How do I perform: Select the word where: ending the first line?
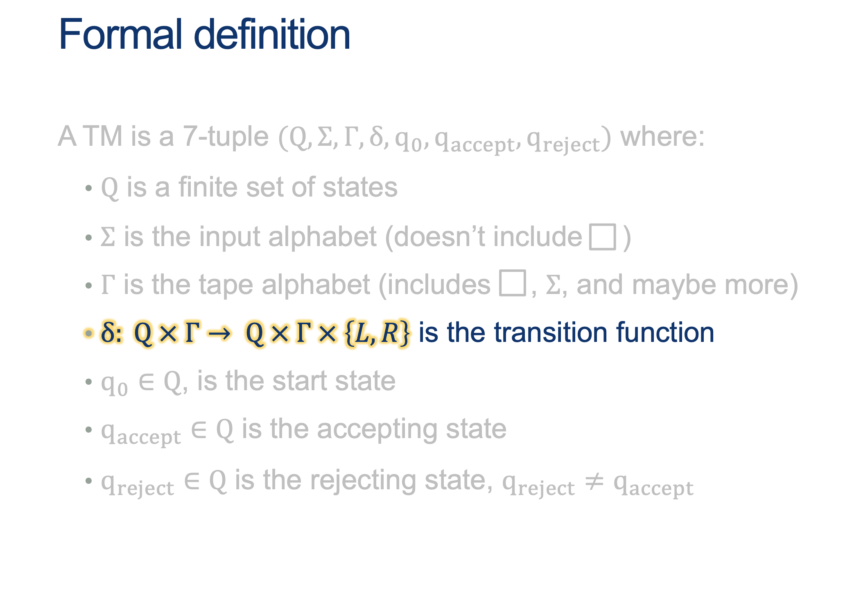(x=662, y=137)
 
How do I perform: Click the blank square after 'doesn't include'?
(x=602, y=237)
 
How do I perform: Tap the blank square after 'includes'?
(x=512, y=283)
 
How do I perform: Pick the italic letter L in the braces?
(x=362, y=333)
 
